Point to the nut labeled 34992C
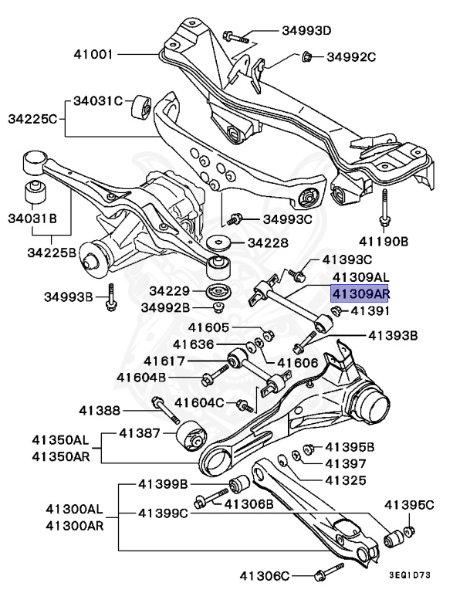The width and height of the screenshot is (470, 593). point(306,56)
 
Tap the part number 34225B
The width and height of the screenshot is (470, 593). point(52,252)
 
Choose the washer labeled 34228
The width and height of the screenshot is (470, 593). point(218,242)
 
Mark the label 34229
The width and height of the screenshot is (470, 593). point(170,291)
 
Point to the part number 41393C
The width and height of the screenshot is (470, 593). point(347,259)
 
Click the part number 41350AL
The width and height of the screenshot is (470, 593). point(60,440)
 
